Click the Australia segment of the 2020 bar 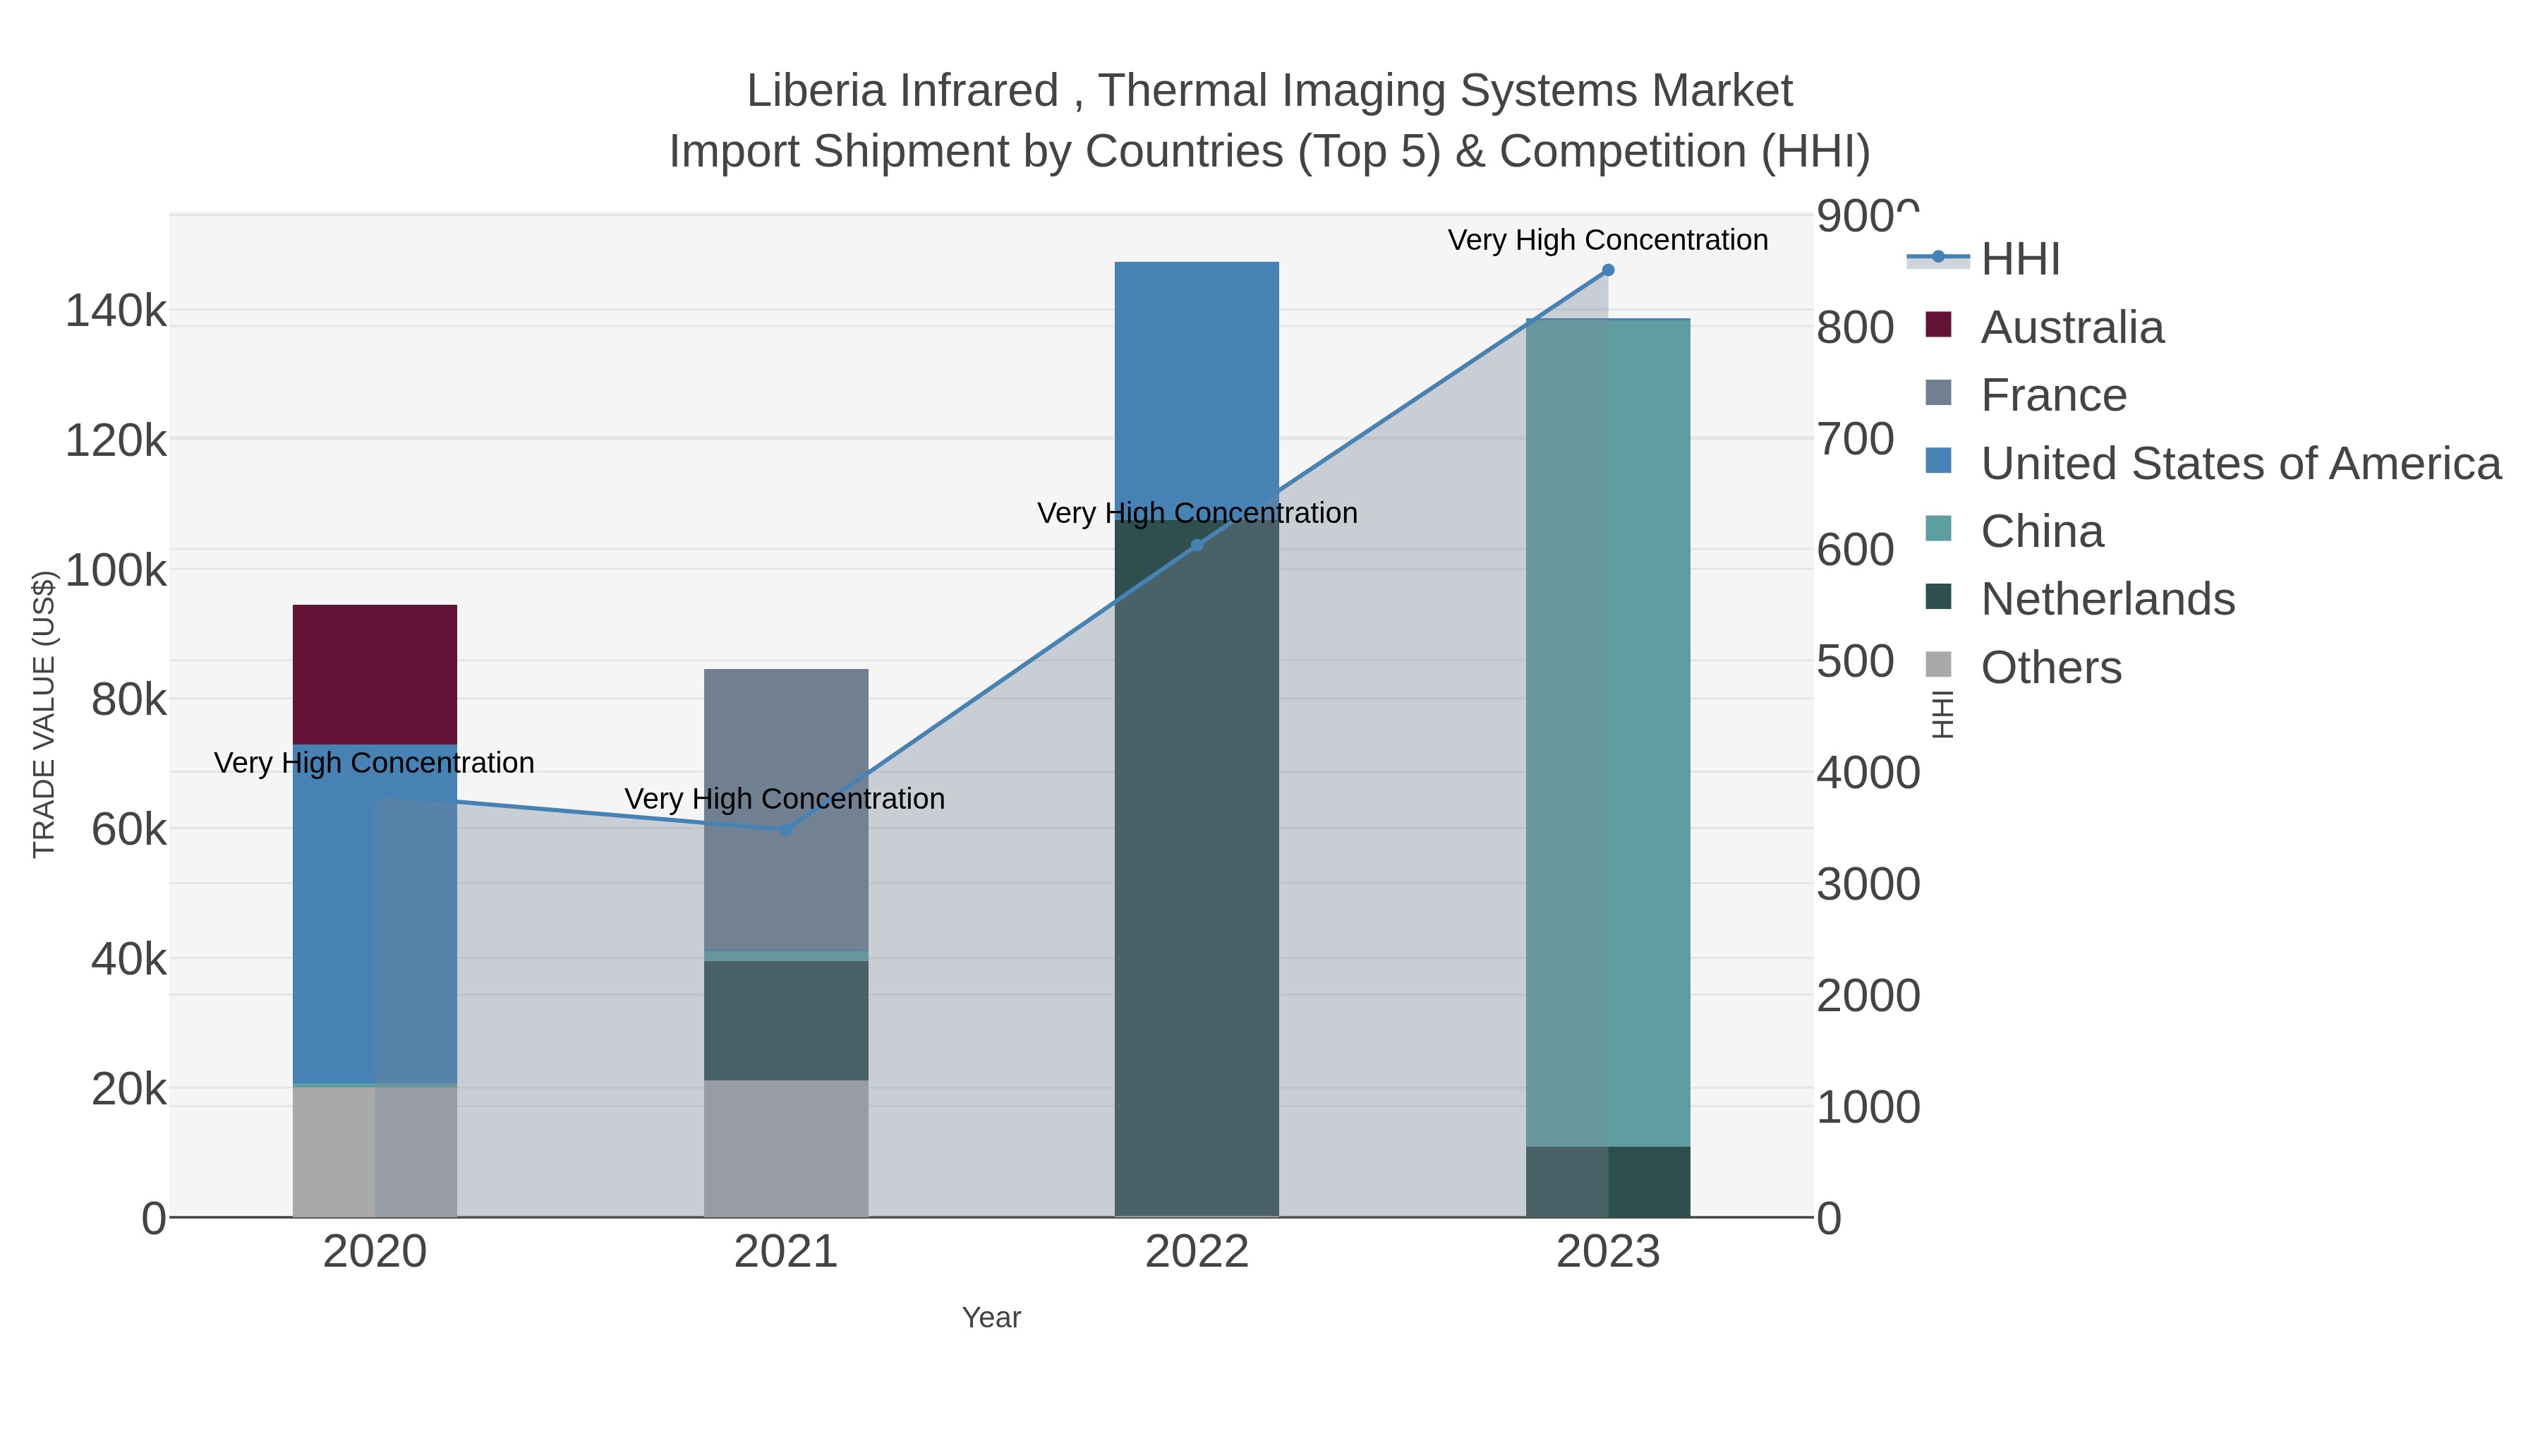pos(375,675)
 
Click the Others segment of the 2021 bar pos(786,1149)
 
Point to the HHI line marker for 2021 pos(786,829)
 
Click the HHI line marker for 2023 pos(1608,270)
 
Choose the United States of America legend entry pos(2238,464)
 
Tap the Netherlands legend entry pos(2106,600)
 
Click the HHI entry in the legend pos(2019,260)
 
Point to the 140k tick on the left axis pos(116,312)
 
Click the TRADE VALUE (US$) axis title pos(44,714)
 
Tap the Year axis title pos(991,1318)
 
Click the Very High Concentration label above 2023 pos(1607,240)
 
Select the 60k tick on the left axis pos(128,831)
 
